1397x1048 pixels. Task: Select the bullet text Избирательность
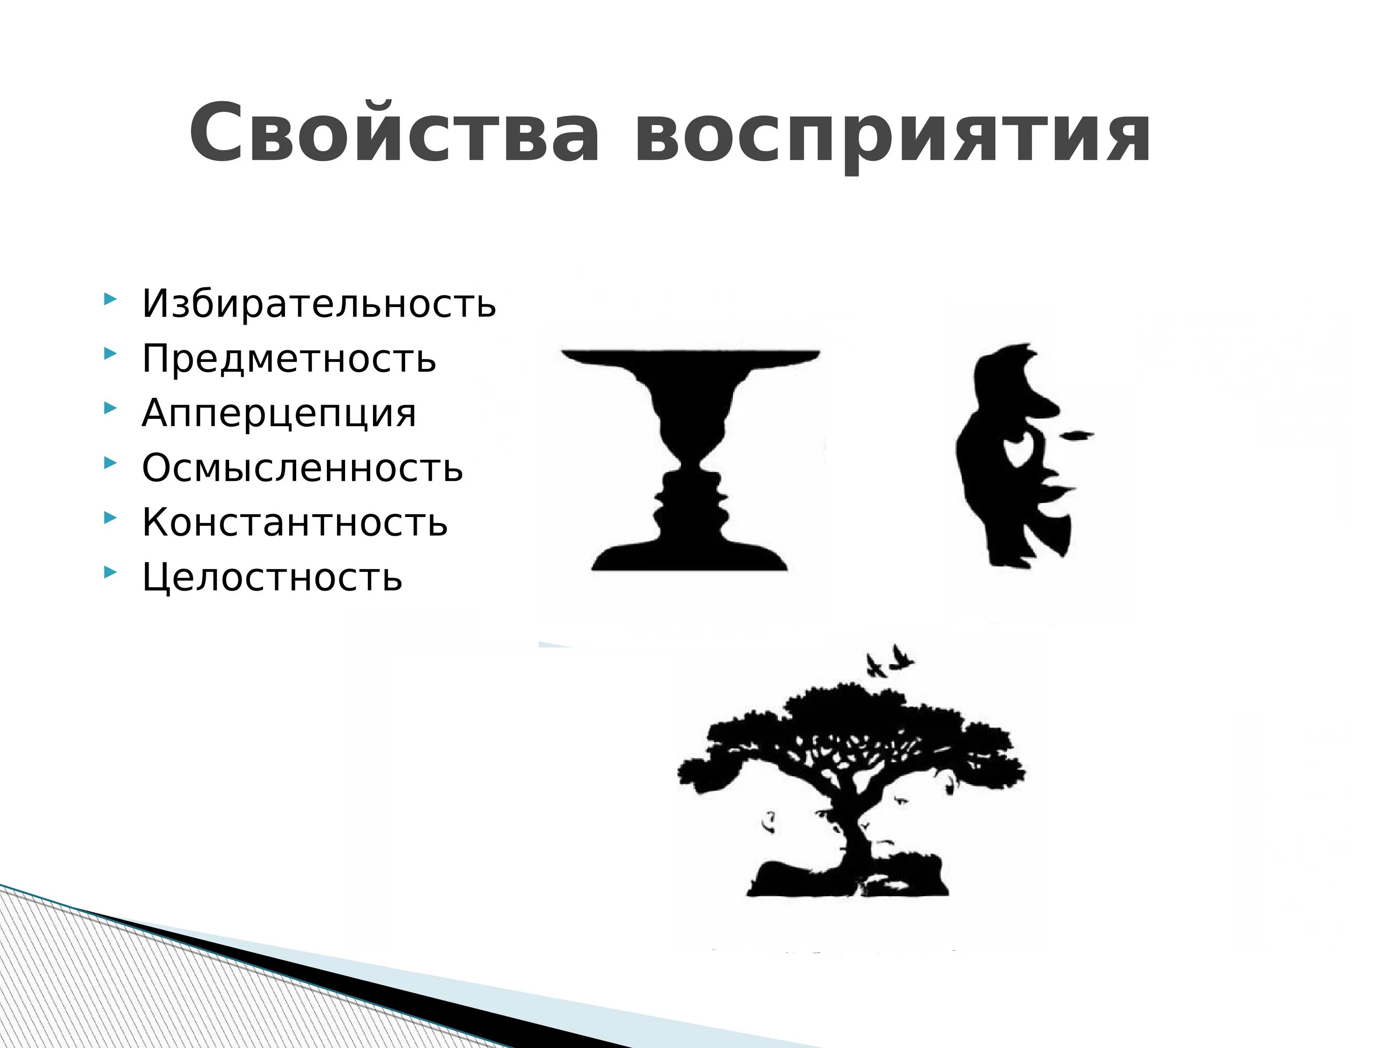click(x=319, y=304)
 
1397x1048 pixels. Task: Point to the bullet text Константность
click(x=295, y=523)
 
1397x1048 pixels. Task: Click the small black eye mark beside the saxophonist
click(x=1078, y=435)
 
